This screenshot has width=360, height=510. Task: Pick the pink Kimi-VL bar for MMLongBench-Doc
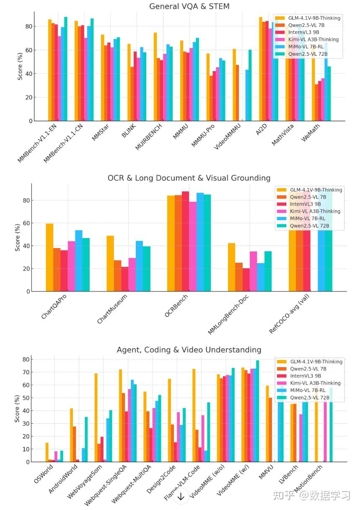coord(253,271)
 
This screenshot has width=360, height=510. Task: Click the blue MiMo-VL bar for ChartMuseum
coord(139,266)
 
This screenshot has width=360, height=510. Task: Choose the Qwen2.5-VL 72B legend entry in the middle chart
coord(308,226)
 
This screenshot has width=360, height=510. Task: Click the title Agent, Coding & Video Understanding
coord(189,350)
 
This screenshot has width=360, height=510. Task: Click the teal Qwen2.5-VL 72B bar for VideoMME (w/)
coord(257,411)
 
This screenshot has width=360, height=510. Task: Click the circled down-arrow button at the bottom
coord(181,497)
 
